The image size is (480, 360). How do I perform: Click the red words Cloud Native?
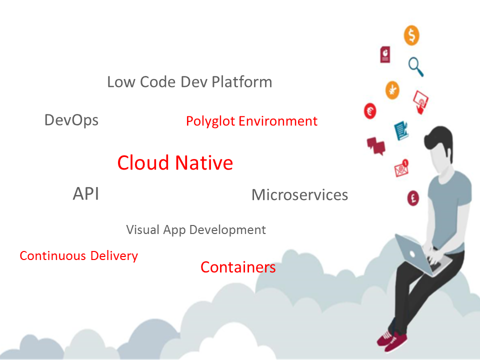click(x=175, y=163)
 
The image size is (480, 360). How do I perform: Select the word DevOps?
click(x=71, y=120)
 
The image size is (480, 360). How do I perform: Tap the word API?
click(x=86, y=194)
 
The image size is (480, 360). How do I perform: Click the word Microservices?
click(x=299, y=194)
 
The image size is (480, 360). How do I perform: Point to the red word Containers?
click(x=238, y=267)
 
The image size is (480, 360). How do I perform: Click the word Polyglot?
click(x=210, y=121)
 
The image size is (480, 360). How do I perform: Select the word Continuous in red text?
click(x=53, y=256)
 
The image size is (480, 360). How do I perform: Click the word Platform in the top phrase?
click(x=241, y=82)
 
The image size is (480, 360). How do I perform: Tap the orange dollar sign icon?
click(x=411, y=35)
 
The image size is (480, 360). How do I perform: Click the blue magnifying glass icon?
click(x=416, y=66)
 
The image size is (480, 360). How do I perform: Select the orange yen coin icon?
click(x=392, y=90)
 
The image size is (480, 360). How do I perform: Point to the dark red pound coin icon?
click(x=413, y=197)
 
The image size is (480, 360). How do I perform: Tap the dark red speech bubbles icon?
click(x=375, y=145)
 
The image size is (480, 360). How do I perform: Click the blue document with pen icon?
click(x=401, y=131)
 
